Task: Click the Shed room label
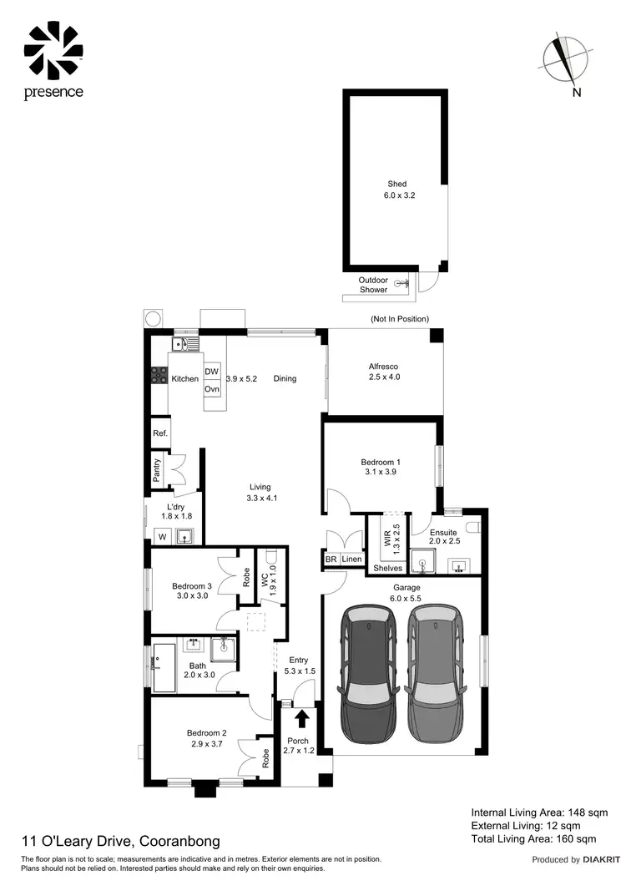pyautogui.click(x=396, y=184)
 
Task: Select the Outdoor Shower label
pyautogui.click(x=373, y=285)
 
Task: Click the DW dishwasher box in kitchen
pyautogui.click(x=212, y=372)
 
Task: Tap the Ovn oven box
pyautogui.click(x=212, y=389)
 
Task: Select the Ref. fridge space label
pyautogui.click(x=159, y=433)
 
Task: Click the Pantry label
pyautogui.click(x=156, y=470)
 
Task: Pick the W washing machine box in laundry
pyautogui.click(x=161, y=537)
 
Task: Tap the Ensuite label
pyautogui.click(x=443, y=532)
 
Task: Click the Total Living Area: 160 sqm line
pyautogui.click(x=533, y=838)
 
